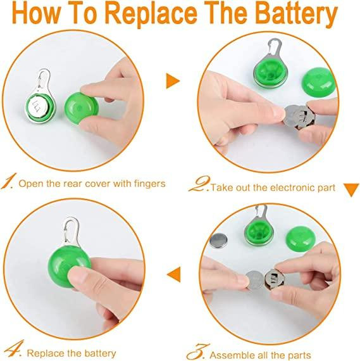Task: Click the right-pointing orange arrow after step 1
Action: (173, 81)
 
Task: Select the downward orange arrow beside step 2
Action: (351, 190)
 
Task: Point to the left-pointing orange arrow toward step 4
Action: (174, 274)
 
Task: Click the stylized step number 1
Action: (9, 181)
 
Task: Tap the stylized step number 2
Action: (199, 184)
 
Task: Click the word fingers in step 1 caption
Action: (150, 184)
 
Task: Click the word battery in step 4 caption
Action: (101, 353)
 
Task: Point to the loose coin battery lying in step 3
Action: (218, 241)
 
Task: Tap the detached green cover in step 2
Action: (319, 82)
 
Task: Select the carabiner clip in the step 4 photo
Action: (71, 231)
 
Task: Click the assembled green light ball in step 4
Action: (66, 266)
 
